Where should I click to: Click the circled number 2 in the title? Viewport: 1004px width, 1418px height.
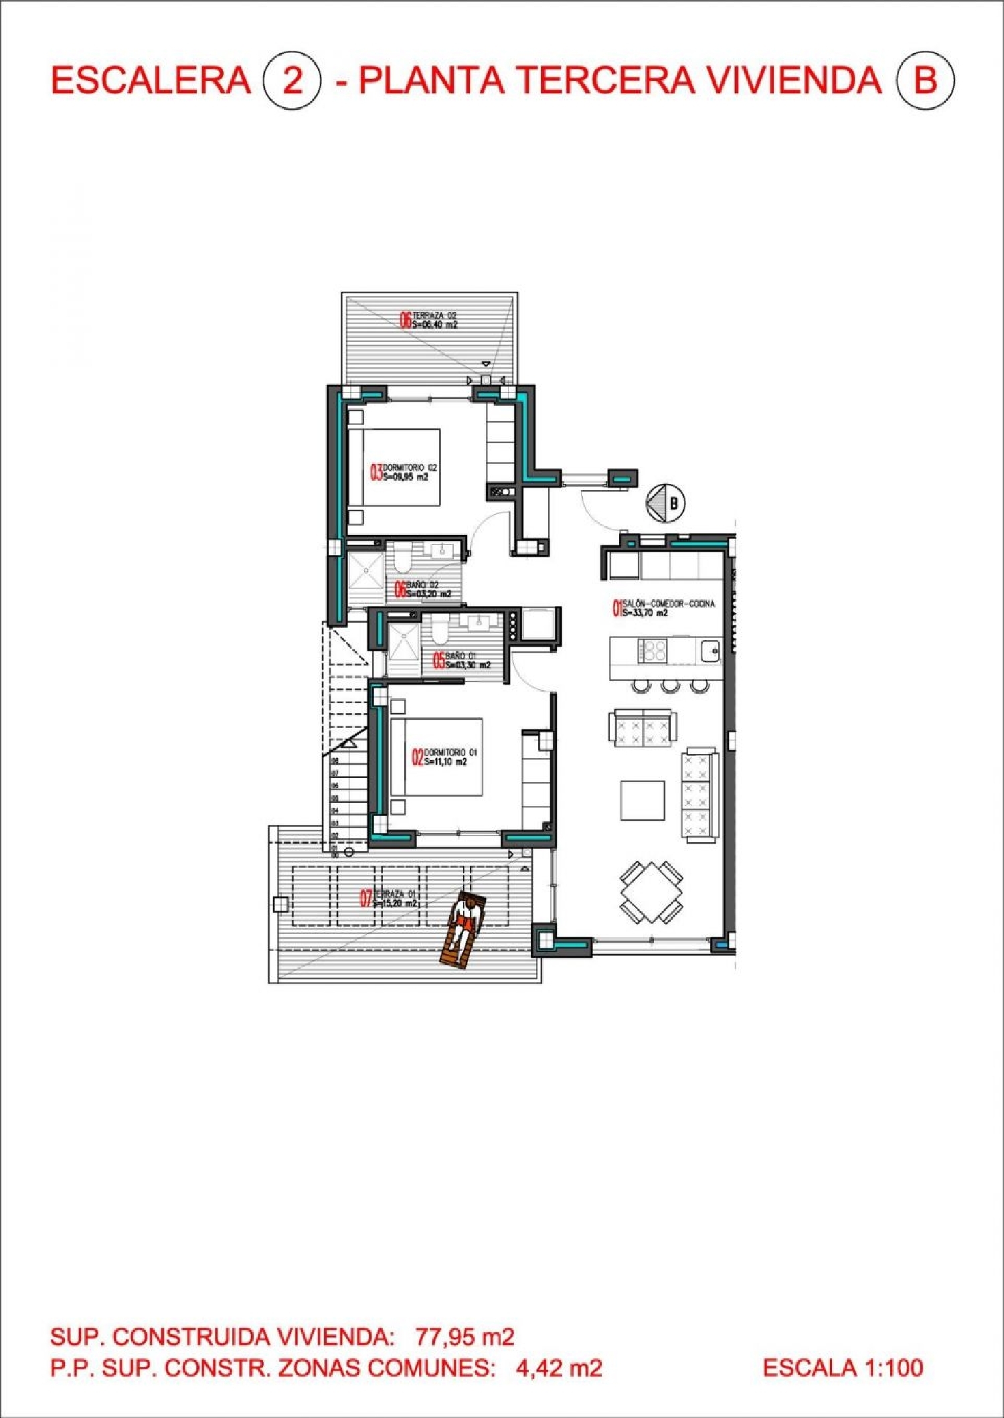point(292,81)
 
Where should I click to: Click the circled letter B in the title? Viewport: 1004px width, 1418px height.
point(925,81)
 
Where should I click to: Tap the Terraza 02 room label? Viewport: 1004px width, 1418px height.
point(429,320)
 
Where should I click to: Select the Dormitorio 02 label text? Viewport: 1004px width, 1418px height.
point(404,472)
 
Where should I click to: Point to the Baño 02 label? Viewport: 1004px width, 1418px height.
point(423,589)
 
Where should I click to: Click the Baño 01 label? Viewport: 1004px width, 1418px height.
point(462,661)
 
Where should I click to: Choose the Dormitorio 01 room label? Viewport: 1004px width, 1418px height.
point(444,757)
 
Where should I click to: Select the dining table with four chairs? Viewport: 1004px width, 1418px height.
point(651,892)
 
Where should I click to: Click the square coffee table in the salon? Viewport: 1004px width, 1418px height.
point(643,800)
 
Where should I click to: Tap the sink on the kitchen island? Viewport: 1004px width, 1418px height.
point(710,650)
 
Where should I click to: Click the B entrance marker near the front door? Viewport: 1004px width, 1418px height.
point(667,502)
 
